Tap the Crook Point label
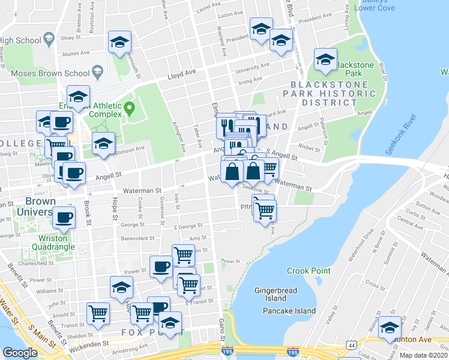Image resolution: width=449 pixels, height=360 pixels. (x=309, y=271)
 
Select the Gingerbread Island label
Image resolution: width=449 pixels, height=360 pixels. (x=277, y=294)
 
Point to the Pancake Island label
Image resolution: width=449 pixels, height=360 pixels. (x=289, y=311)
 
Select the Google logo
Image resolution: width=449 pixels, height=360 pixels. (x=19, y=353)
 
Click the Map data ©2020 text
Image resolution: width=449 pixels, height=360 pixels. (x=423, y=355)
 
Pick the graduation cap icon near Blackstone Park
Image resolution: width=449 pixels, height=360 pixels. (x=325, y=61)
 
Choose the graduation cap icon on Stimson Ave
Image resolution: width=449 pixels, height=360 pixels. (x=103, y=144)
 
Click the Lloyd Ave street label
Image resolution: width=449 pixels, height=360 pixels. (x=182, y=73)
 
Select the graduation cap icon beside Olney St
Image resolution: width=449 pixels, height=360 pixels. (x=119, y=42)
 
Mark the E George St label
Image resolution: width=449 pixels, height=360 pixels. (x=187, y=227)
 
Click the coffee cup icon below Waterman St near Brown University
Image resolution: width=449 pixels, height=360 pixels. (x=64, y=217)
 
